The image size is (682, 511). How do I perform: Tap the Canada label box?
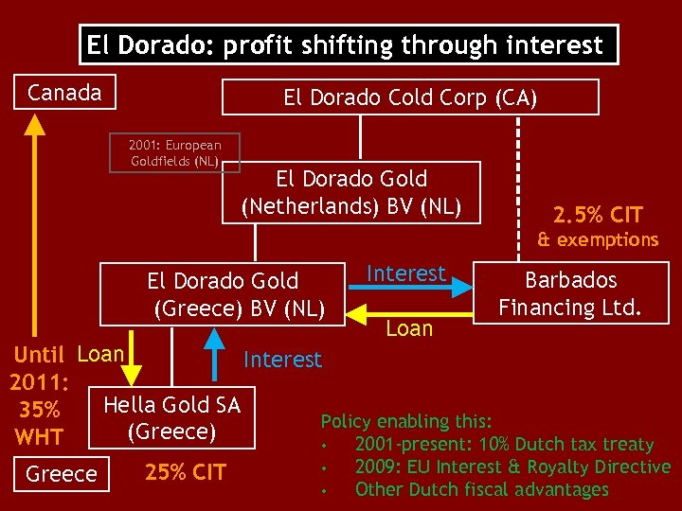tap(65, 93)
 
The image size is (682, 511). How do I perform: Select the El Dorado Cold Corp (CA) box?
tap(410, 97)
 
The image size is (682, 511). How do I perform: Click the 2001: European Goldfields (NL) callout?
tap(175, 152)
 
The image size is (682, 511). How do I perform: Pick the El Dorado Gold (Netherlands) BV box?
tap(351, 192)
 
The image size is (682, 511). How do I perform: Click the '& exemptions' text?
tap(598, 239)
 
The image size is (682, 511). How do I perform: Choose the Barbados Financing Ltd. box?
tap(571, 293)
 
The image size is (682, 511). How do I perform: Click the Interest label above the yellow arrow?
tap(406, 273)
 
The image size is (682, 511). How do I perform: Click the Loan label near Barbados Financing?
tap(409, 329)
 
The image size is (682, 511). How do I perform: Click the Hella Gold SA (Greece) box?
tap(172, 418)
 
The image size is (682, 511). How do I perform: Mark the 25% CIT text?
tap(185, 471)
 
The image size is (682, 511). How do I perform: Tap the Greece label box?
tap(62, 473)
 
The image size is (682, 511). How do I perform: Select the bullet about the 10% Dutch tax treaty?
tap(503, 444)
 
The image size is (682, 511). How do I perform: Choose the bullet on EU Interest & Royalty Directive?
tap(511, 467)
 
